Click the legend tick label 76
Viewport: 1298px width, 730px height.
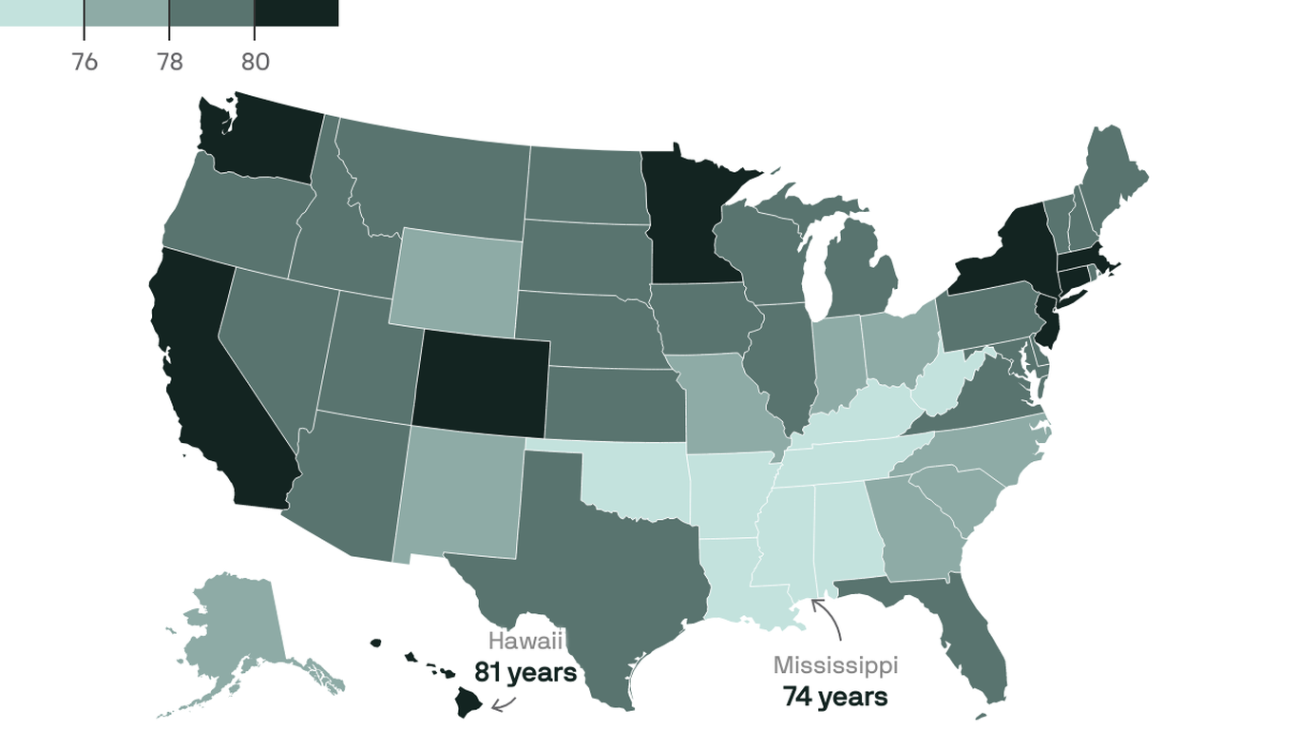[85, 62]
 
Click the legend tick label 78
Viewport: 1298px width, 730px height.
[169, 62]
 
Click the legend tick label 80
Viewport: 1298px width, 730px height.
[255, 62]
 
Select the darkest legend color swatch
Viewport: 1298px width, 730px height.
[296, 12]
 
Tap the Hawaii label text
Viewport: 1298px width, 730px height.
[525, 641]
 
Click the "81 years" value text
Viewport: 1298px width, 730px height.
[525, 672]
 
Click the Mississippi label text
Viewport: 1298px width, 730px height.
[835, 665]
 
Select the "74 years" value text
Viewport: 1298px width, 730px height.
[835, 697]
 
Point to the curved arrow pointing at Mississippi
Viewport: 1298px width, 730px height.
[829, 618]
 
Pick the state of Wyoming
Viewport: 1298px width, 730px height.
[454, 277]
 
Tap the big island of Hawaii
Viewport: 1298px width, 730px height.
[468, 702]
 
